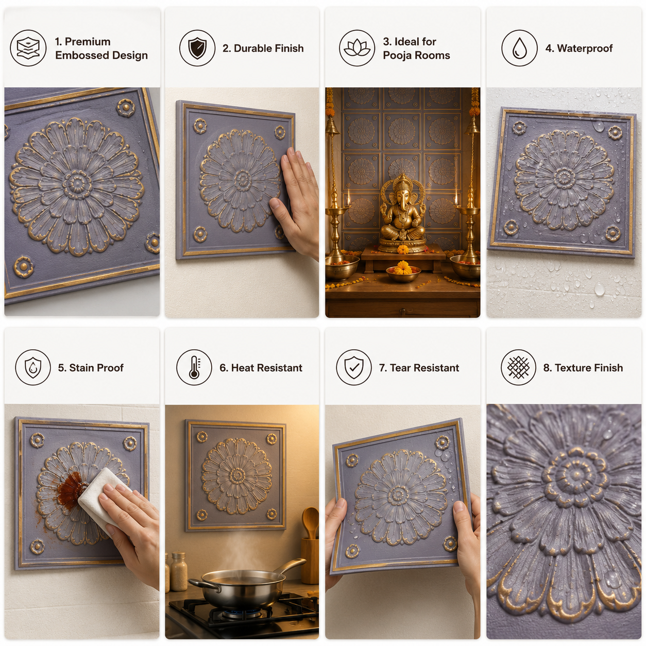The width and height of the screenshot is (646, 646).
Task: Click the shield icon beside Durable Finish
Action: pos(197,48)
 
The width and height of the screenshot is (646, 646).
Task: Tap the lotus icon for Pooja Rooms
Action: pos(356,48)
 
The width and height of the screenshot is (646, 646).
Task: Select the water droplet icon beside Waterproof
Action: pos(519,48)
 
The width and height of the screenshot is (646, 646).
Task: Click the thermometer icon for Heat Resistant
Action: pos(194,368)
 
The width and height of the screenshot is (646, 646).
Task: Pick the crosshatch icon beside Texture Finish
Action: pos(518,367)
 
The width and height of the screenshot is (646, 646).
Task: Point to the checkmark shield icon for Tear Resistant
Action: pos(354,367)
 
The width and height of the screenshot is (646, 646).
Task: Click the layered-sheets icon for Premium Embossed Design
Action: pos(28,48)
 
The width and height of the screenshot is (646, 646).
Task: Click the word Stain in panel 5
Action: pos(81,368)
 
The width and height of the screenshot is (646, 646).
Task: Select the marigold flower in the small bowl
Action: pos(403,267)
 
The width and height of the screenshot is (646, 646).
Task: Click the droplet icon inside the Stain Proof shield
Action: pos(33,368)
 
